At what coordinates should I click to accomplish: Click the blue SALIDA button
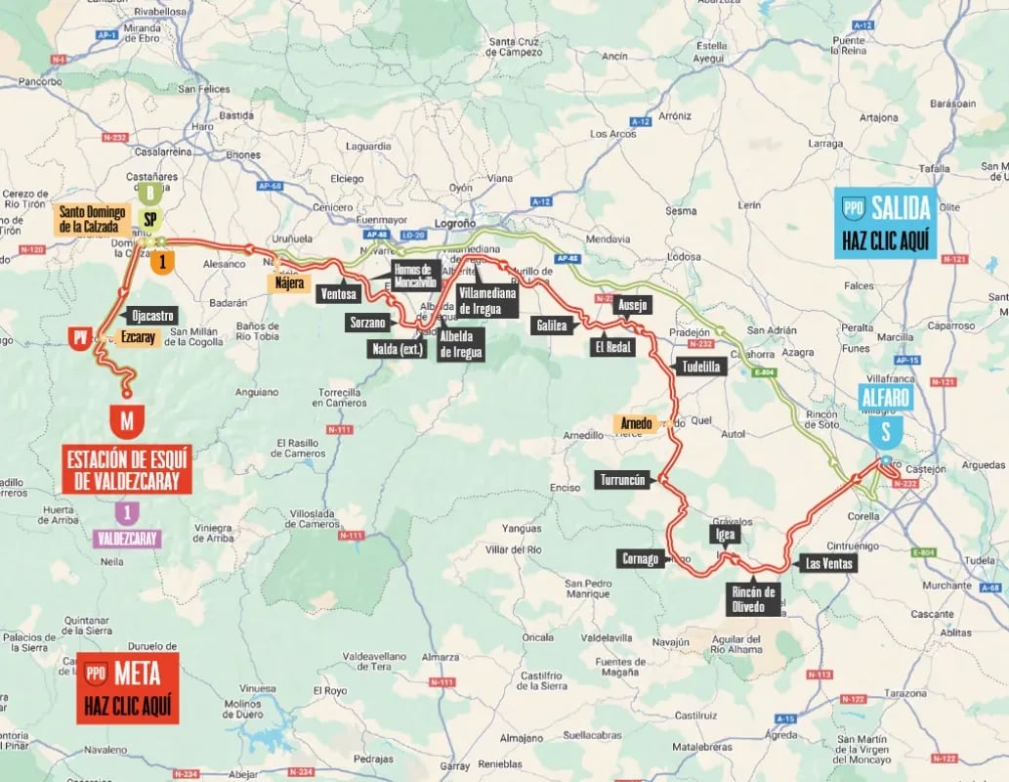coord(885,223)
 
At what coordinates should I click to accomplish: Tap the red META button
coord(128,687)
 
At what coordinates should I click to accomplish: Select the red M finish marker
coord(127,421)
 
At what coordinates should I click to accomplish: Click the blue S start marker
coord(885,432)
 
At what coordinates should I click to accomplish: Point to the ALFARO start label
coord(885,398)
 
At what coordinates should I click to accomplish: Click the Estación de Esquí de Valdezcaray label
coord(127,468)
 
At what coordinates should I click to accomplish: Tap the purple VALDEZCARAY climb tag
coord(127,538)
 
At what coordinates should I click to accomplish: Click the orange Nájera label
coord(290,283)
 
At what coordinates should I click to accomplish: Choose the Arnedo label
coord(634,423)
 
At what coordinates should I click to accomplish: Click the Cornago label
coord(640,559)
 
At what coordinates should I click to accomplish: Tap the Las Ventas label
coord(828,563)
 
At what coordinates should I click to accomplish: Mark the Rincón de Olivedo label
coord(756,599)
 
